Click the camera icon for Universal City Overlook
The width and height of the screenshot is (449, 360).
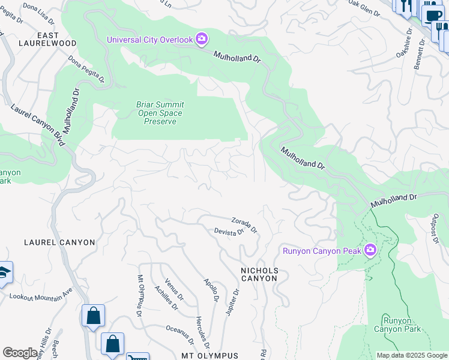202,40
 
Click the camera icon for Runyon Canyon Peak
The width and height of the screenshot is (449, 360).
370,250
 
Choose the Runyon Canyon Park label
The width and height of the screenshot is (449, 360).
397,325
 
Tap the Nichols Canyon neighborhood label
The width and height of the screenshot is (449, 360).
259,274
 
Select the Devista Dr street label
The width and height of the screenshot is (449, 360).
229,231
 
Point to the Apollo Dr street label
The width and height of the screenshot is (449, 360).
211,290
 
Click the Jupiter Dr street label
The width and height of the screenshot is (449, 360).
232,302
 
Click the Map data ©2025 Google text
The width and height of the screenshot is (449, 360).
411,355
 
